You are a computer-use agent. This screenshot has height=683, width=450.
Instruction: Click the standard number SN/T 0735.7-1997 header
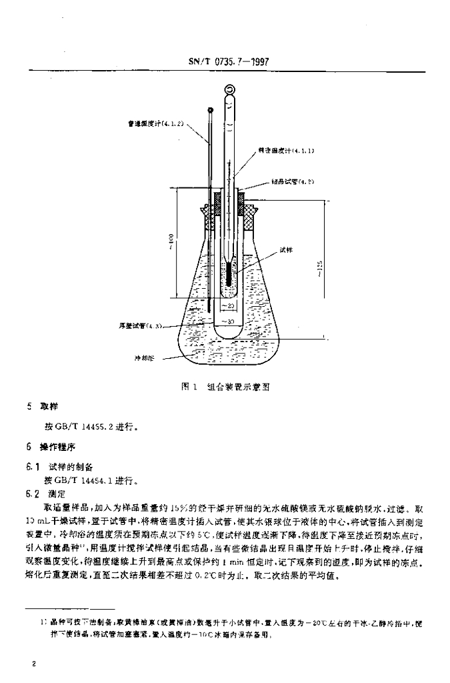coord(225,63)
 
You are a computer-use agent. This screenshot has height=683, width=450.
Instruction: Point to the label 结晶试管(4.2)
coord(292,181)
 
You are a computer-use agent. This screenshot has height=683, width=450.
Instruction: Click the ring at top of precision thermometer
coord(229,88)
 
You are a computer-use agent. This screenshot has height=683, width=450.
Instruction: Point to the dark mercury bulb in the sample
coord(228,273)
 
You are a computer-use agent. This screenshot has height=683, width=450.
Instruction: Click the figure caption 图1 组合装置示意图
coord(225,386)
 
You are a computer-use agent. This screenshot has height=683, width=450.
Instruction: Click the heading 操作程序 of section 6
coord(55,448)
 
